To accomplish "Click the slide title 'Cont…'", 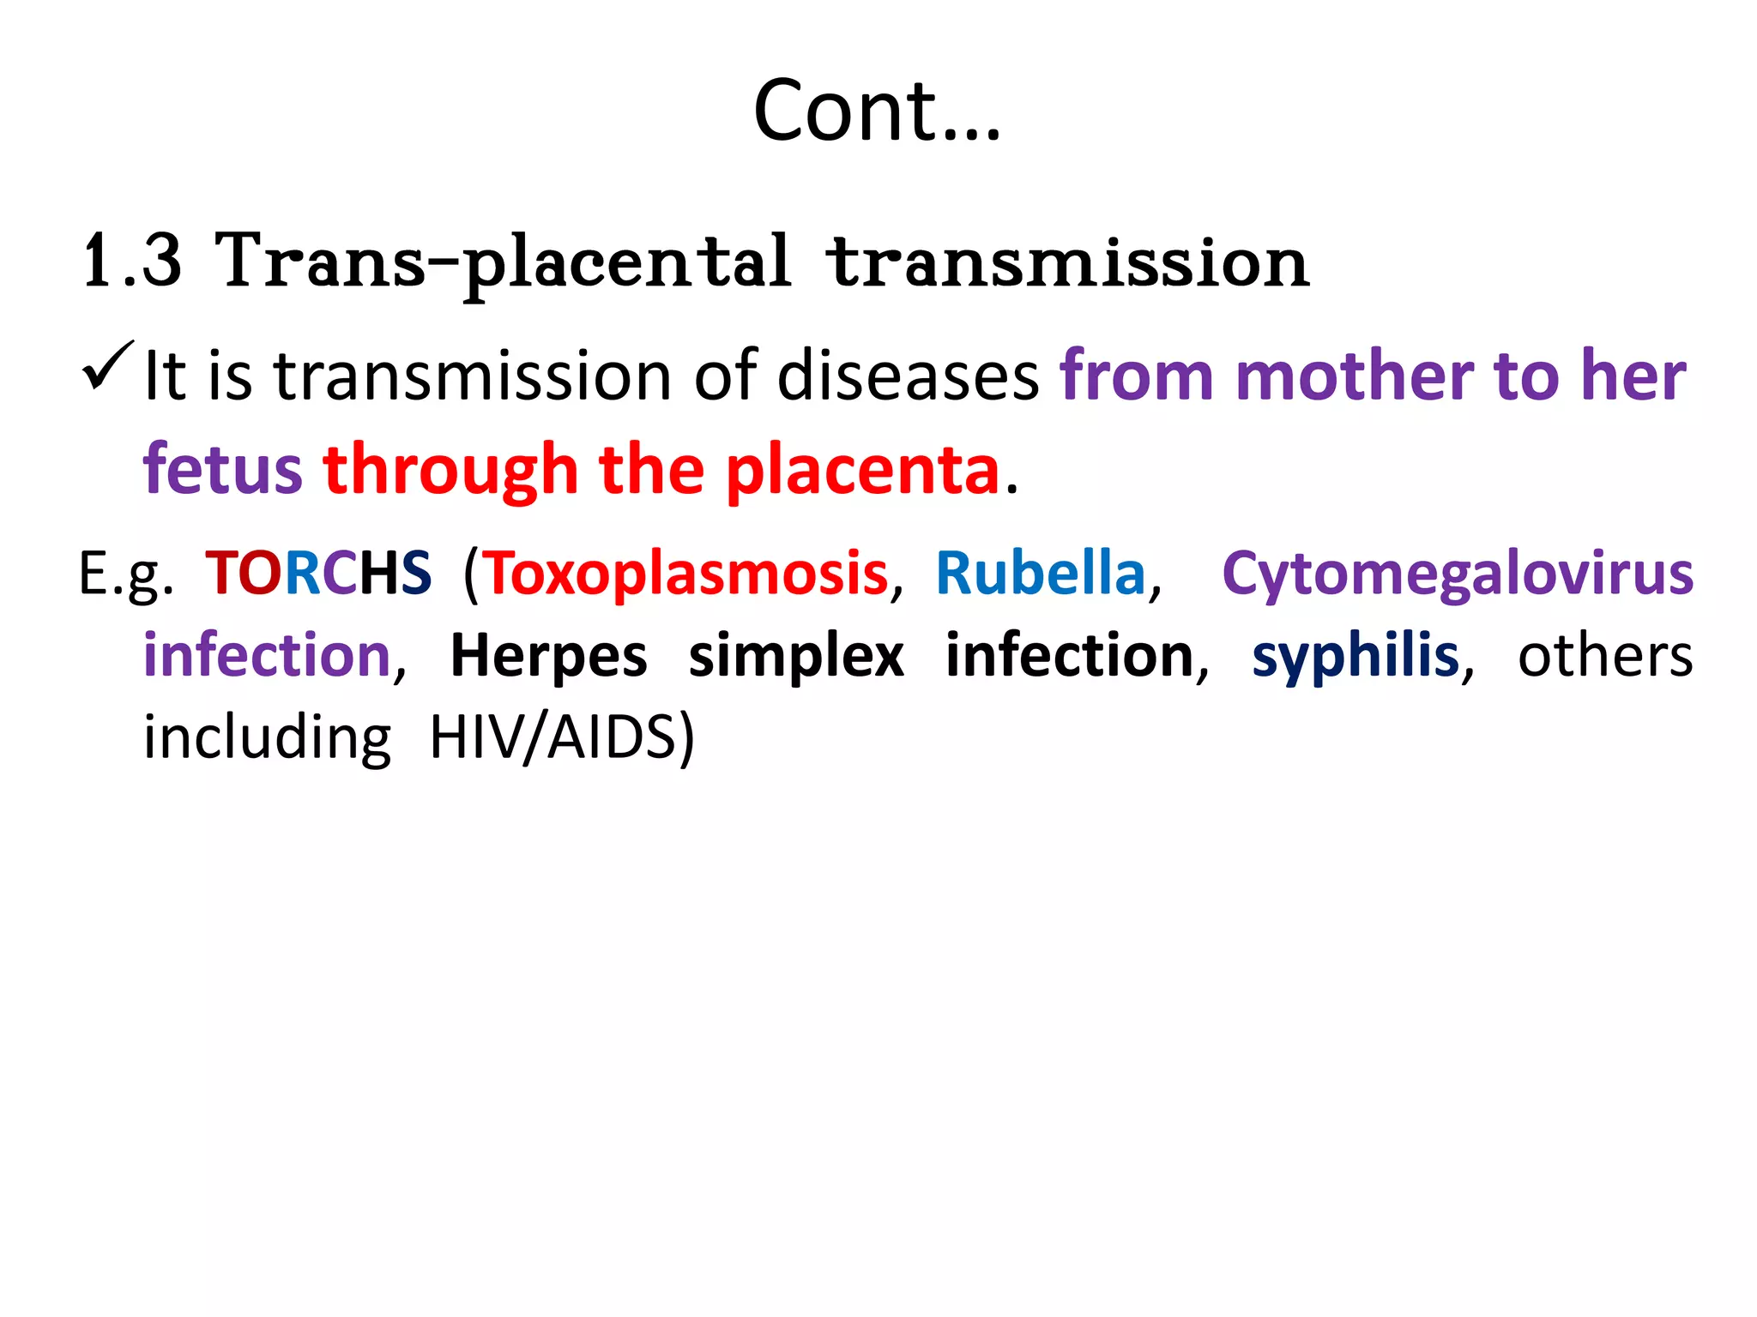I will [877, 111].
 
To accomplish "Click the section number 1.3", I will [133, 262].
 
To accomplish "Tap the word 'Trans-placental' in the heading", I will [503, 262].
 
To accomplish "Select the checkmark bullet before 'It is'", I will [107, 367].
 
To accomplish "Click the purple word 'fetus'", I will [222, 470].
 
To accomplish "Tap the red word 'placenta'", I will [862, 470].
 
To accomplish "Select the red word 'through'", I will [450, 470].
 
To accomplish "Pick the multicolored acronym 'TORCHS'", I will [318, 573].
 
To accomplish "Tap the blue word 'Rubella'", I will [1041, 573].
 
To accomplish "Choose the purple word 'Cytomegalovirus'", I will [1457, 573].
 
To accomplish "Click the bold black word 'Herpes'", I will [549, 656].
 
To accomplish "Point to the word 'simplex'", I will [796, 656].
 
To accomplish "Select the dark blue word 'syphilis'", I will [1355, 656].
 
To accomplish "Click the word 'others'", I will [1605, 656].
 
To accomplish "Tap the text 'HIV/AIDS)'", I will [562, 737].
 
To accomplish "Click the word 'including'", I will [267, 737].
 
